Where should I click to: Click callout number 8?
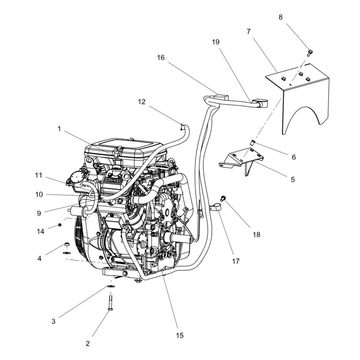point(280,17)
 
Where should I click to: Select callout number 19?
point(216,42)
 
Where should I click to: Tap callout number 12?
point(141,102)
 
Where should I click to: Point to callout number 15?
point(180,336)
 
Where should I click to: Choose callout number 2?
point(87,343)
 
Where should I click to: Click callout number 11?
point(39,175)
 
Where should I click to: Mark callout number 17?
point(235,261)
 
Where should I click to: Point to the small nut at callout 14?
point(60,225)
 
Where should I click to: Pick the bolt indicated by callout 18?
point(222,198)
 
